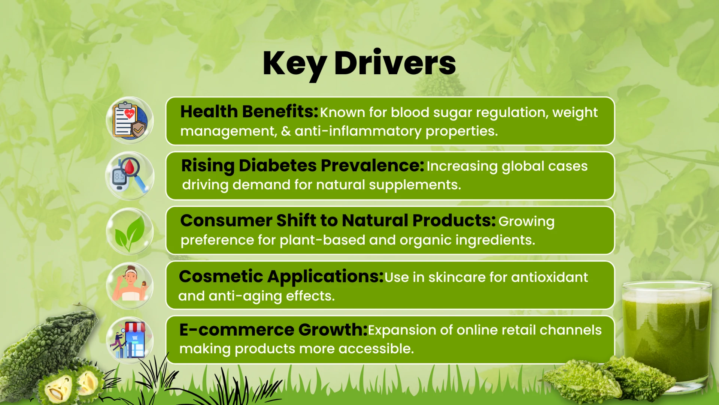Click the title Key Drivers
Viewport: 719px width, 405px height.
(x=359, y=64)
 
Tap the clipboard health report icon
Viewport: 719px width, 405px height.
(x=130, y=120)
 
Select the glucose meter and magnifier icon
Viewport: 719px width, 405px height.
(x=130, y=175)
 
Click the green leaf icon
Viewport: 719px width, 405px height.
(x=130, y=231)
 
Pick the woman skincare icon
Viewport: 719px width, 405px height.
(x=130, y=286)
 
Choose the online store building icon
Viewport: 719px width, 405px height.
(x=130, y=340)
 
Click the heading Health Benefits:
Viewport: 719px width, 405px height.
(x=249, y=112)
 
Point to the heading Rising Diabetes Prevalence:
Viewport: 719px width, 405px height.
(x=303, y=166)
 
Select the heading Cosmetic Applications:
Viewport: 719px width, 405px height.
(x=281, y=277)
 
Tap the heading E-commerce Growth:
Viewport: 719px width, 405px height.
(x=273, y=330)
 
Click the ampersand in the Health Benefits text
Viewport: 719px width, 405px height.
(x=286, y=131)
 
